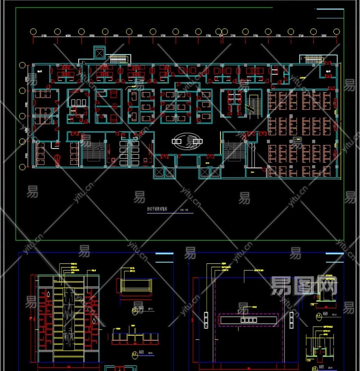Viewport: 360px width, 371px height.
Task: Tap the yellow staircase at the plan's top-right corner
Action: [x=311, y=59]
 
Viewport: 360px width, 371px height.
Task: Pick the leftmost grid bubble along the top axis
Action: [x=33, y=32]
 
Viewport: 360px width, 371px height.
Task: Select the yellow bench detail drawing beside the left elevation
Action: [x=135, y=285]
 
